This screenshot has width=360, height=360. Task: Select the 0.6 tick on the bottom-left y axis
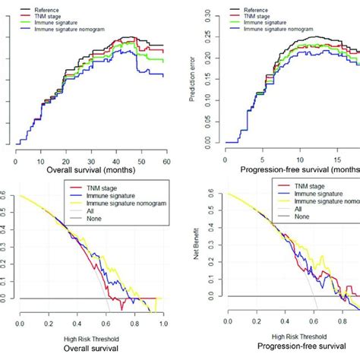pyautogui.click(x=6, y=196)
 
